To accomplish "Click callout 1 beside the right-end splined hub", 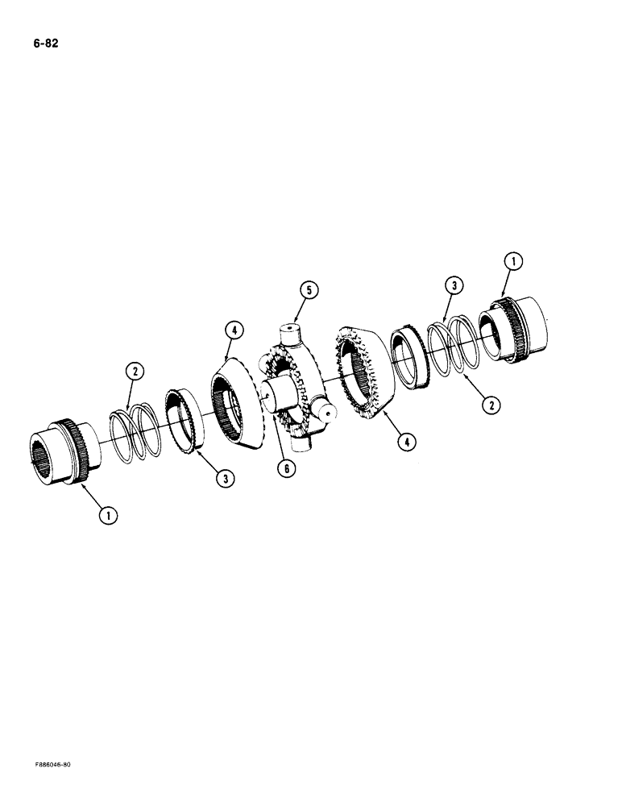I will pos(513,261).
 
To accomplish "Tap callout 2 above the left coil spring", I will pos(135,372).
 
